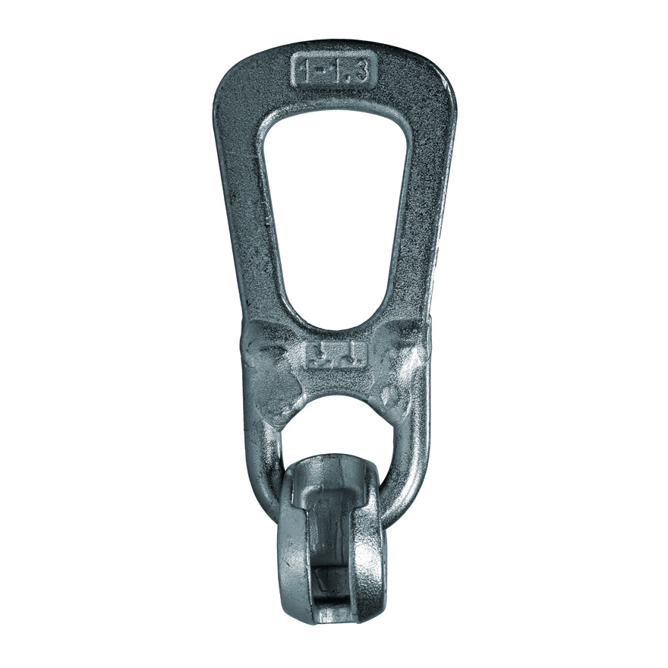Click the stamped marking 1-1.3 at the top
click(x=334, y=71)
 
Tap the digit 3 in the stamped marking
click(x=362, y=71)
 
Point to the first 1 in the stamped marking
click(x=305, y=71)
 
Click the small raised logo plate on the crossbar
click(x=335, y=354)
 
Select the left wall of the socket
click(x=292, y=547)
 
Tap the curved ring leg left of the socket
click(x=262, y=471)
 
